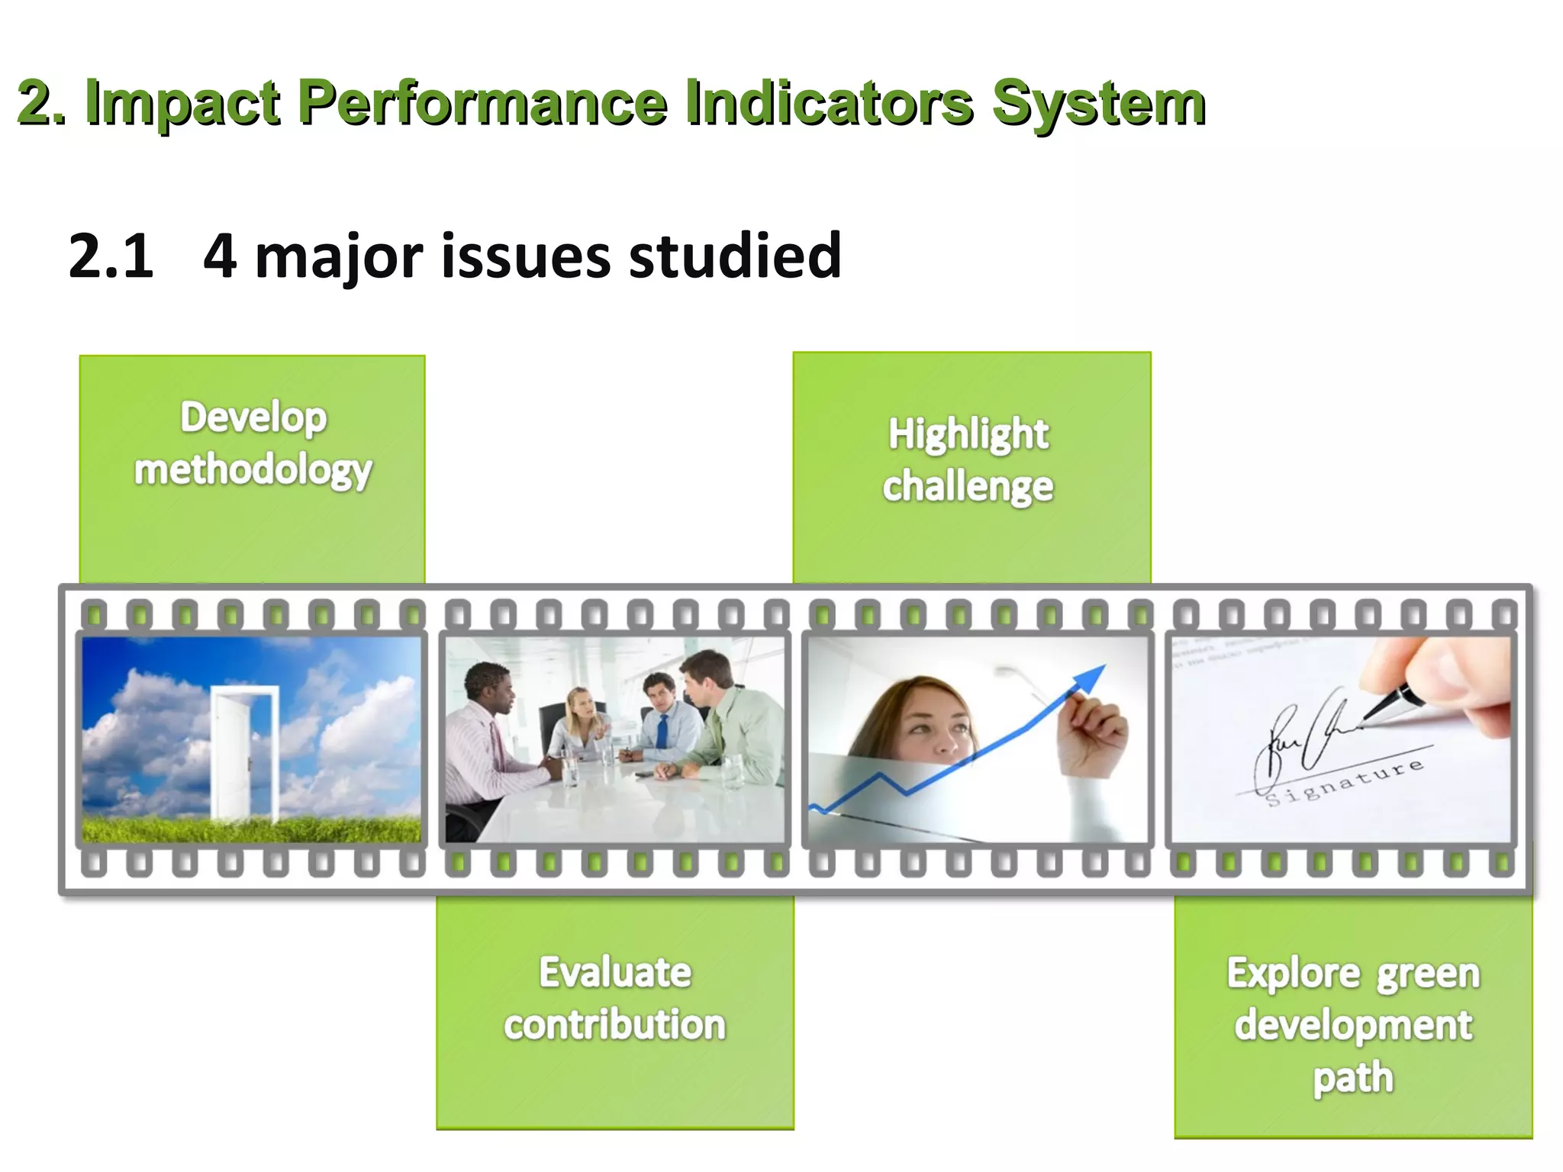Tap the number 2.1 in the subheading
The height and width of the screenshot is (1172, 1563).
coord(111,256)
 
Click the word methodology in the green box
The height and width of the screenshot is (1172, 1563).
coord(253,470)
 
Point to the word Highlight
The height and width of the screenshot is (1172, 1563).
coord(968,434)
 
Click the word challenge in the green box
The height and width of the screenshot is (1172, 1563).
coord(968,487)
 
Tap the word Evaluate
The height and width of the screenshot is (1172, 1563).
coord(615,973)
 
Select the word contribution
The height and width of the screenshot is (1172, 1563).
coord(615,1025)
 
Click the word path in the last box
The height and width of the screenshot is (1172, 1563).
coord(1353,1078)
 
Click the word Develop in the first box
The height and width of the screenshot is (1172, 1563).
coord(253,418)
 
